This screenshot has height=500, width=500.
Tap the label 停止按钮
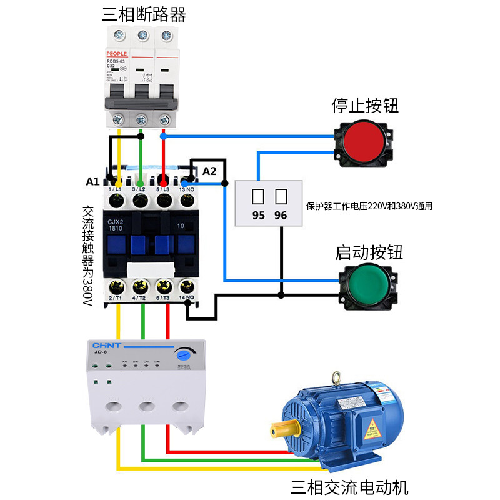[x=366, y=105]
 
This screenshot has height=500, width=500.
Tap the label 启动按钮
[x=369, y=252]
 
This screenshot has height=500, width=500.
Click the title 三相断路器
[x=144, y=14]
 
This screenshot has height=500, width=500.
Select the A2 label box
[x=209, y=171]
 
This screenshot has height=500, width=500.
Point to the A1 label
[x=93, y=182]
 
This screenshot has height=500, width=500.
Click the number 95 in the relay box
[x=258, y=215]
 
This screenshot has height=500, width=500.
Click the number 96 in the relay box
[x=281, y=215]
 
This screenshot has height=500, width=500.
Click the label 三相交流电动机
[x=350, y=486]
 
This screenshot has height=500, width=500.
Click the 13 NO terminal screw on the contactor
[x=187, y=201]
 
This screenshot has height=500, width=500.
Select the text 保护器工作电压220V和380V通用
[x=369, y=206]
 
